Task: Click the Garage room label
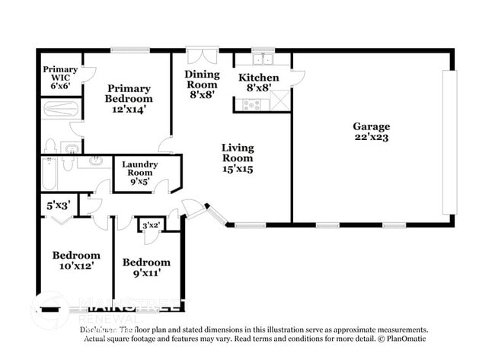(371, 126)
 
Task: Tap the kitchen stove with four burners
(252, 104)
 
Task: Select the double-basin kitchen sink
(264, 59)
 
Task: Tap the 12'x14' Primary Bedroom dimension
(129, 110)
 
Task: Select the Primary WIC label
(59, 77)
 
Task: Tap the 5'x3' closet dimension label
(58, 205)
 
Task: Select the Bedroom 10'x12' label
(75, 260)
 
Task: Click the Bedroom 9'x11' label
(146, 267)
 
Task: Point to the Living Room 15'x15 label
(237, 158)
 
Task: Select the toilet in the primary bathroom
(50, 145)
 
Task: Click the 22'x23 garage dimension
(371, 138)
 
